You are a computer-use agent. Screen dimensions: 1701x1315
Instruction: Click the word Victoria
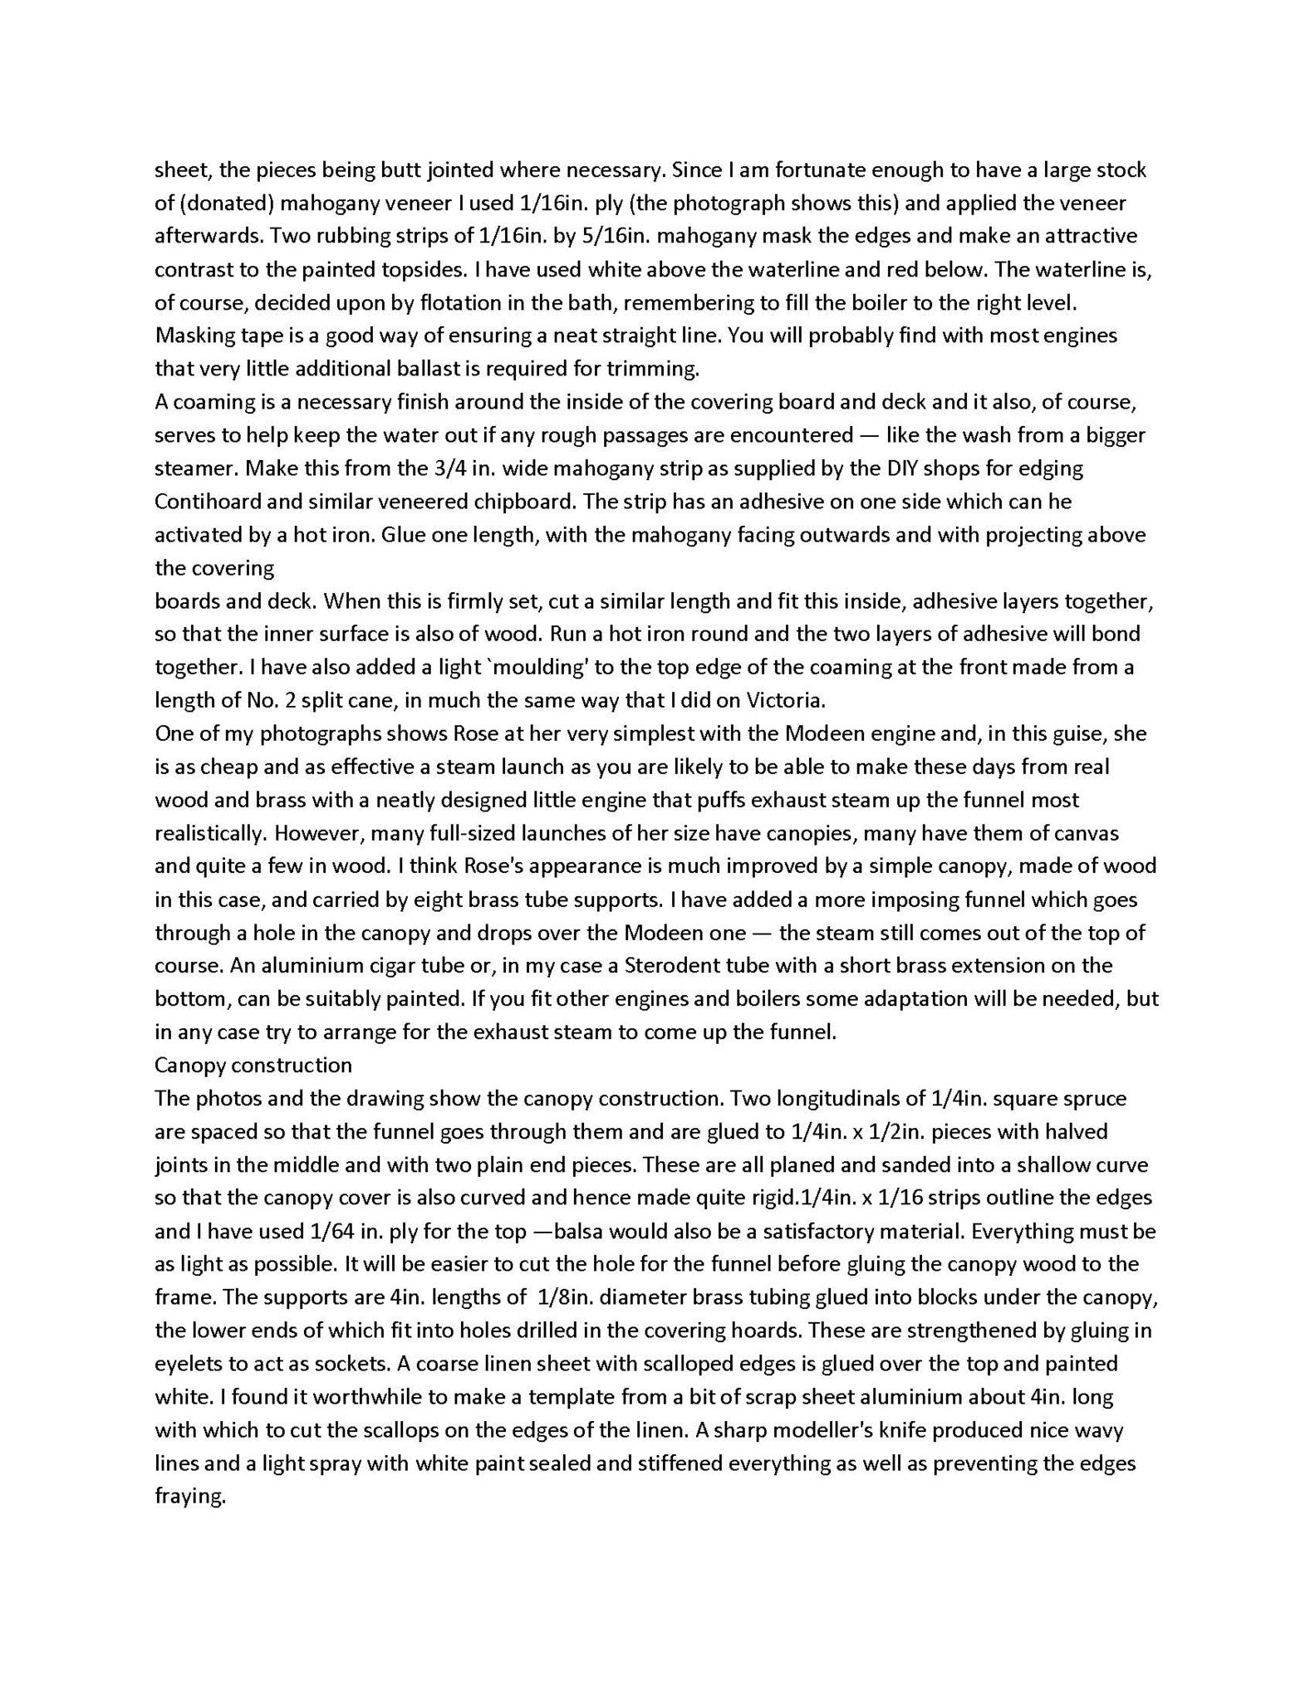click(782, 700)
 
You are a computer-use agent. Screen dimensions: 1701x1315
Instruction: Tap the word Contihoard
click(204, 502)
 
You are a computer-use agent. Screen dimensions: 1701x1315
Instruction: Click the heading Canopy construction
click(253, 1066)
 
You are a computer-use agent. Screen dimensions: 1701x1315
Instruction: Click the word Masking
click(194, 336)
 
